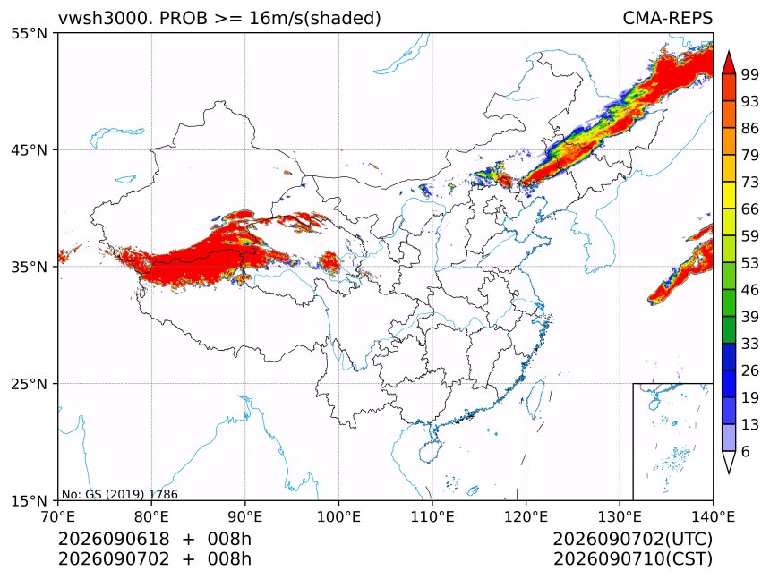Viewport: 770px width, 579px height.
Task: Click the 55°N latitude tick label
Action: click(x=29, y=33)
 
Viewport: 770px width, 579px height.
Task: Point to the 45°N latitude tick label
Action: click(x=29, y=149)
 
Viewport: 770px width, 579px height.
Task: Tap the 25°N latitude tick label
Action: click(x=29, y=384)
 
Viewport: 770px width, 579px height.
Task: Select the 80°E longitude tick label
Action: click(x=151, y=516)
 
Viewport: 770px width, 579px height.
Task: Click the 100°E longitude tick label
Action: click(x=338, y=516)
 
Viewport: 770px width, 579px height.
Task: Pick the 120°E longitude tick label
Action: click(x=526, y=516)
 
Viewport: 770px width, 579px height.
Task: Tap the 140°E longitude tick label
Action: click(x=713, y=516)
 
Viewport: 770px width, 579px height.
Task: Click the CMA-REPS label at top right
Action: click(x=667, y=18)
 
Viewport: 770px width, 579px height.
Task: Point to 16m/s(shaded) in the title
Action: click(x=315, y=19)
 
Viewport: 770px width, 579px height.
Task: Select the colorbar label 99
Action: click(x=750, y=74)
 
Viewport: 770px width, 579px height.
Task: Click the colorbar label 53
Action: click(x=750, y=263)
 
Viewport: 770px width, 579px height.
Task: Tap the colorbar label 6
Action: click(x=746, y=451)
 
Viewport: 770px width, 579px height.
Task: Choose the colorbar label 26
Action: click(x=750, y=370)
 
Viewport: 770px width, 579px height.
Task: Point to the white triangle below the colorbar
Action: click(x=729, y=462)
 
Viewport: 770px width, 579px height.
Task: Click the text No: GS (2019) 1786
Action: click(x=120, y=494)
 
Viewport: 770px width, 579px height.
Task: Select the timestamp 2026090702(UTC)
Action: click(x=632, y=539)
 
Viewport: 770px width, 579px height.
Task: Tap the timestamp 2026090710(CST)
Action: click(x=632, y=559)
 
